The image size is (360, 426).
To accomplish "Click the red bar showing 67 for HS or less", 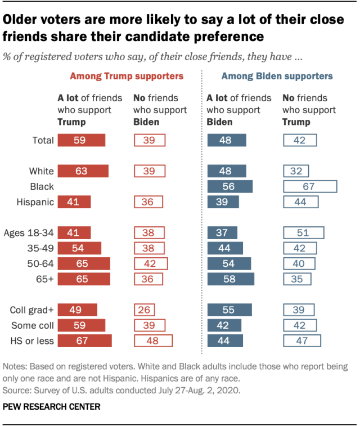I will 84,340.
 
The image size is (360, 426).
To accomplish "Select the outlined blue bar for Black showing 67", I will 310,187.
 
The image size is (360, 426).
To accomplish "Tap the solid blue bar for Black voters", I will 230,187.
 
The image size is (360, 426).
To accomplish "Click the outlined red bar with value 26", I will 145,310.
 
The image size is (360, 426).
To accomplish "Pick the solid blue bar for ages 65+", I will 231,279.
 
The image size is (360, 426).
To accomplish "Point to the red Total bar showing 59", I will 82,140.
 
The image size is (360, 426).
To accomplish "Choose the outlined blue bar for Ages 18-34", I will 304,233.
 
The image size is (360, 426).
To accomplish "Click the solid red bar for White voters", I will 83,171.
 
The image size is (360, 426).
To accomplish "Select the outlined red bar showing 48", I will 153,340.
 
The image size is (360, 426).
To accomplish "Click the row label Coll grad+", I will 32,310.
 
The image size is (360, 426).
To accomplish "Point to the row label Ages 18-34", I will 29,233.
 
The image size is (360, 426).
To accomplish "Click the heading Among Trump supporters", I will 127,75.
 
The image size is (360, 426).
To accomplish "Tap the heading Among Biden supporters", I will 277,75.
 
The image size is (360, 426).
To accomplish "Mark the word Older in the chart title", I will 20,21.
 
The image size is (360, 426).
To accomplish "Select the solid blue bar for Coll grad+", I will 229,310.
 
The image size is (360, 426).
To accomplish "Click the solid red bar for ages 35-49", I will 79,248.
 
